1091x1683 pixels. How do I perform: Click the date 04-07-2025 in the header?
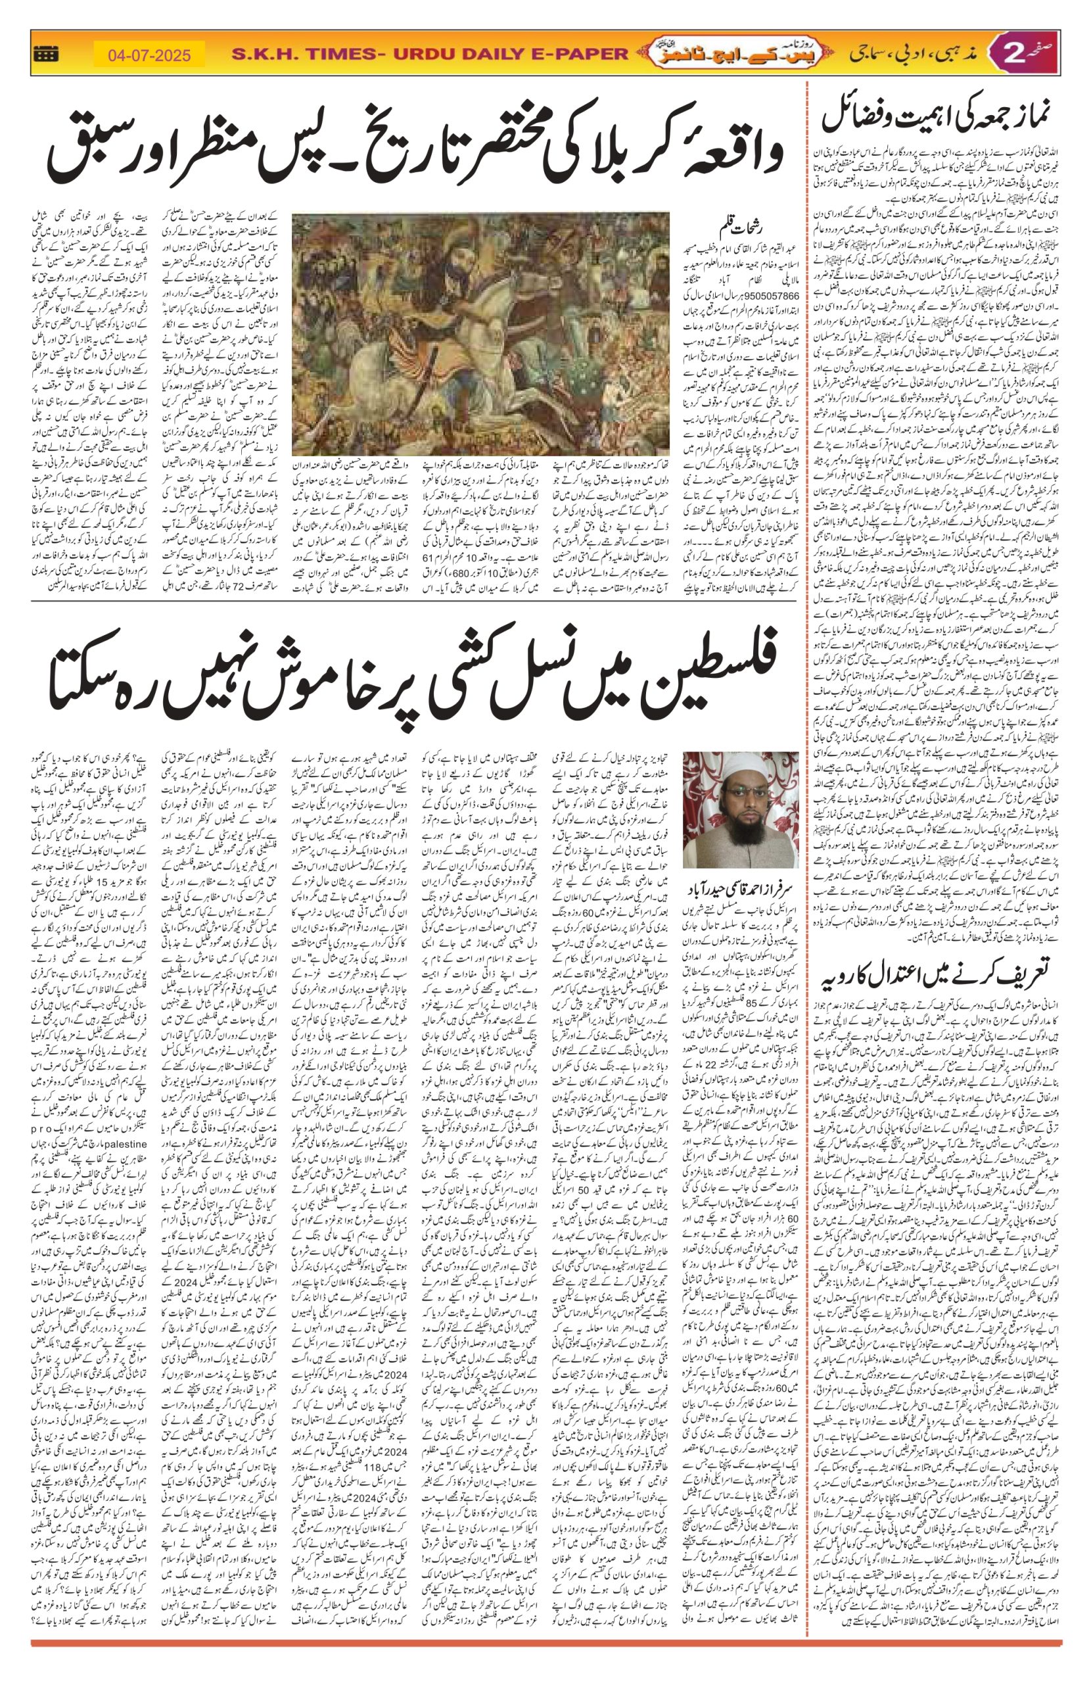(x=149, y=55)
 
